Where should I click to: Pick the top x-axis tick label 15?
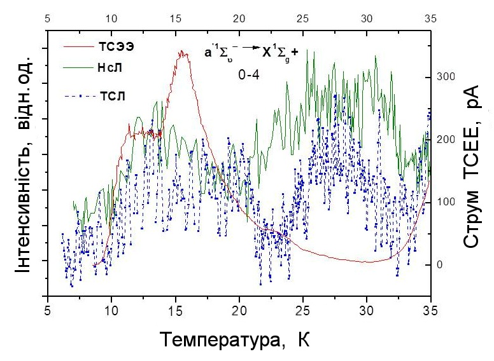175,18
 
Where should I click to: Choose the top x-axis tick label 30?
367,18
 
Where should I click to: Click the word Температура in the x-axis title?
216,340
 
